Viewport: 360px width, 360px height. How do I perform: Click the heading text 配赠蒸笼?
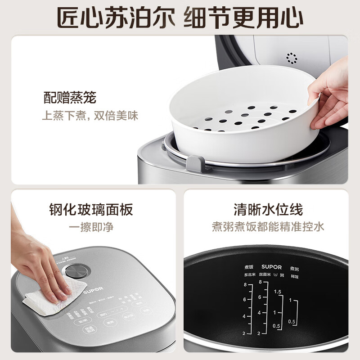[x=69, y=97]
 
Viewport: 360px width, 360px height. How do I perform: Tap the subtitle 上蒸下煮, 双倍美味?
[x=90, y=116]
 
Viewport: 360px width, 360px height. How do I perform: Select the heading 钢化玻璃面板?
[x=91, y=209]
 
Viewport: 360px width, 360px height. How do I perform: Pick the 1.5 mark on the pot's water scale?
[x=277, y=292]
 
